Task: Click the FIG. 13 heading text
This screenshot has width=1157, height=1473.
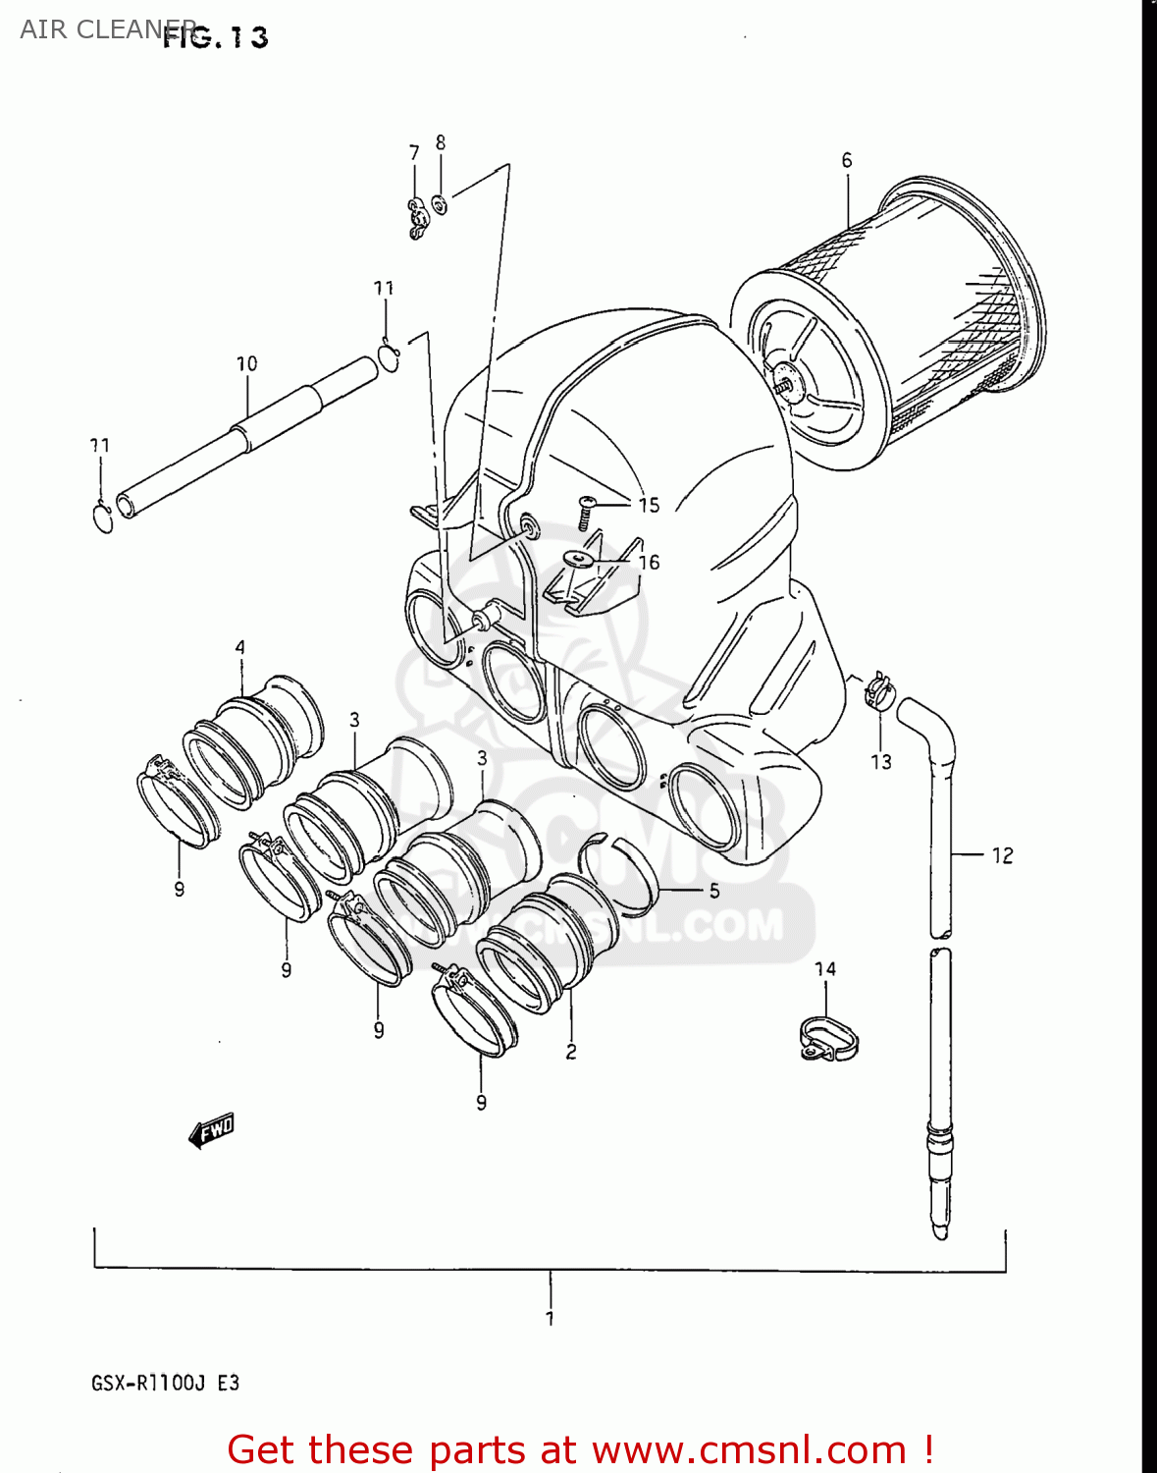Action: coord(216,37)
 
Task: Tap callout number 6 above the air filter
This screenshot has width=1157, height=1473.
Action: coord(847,160)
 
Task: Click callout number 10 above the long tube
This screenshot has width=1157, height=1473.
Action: coord(246,364)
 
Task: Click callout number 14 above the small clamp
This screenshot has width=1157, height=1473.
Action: coord(825,969)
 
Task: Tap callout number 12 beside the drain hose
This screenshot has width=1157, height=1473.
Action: coord(1002,855)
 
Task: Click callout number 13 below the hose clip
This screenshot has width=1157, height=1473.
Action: coord(881,762)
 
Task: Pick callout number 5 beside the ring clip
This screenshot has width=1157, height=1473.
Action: coord(714,891)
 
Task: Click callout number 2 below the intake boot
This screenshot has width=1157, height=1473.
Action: coord(571,1053)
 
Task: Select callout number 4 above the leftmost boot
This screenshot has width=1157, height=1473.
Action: coord(240,647)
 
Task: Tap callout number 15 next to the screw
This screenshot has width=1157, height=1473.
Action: coord(649,505)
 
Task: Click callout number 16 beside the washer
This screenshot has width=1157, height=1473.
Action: coord(649,562)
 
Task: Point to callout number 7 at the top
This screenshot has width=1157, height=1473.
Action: coord(414,152)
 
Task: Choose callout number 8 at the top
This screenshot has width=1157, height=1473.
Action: coord(441,143)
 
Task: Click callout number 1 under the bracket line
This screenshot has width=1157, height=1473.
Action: coord(550,1319)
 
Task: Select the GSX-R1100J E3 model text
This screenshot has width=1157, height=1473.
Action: coord(165,1383)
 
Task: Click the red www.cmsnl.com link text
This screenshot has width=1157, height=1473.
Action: coord(749,1449)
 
